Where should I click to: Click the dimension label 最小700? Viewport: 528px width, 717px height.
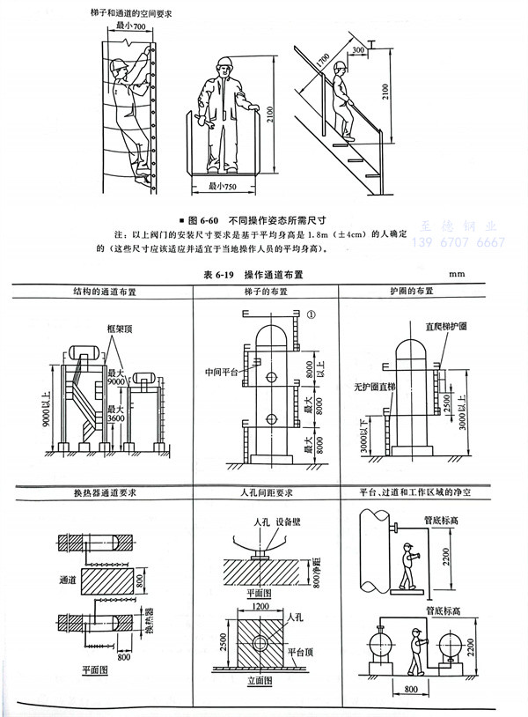133,27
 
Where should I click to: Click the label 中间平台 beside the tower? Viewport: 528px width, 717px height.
216,372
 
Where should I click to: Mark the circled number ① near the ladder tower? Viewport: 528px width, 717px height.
312,314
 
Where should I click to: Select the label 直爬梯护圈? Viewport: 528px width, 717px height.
471,326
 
